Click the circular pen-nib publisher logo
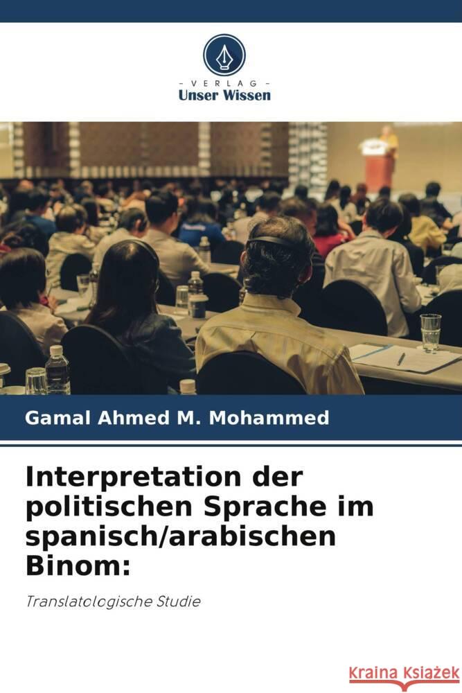coord(224,55)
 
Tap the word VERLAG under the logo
coord(224,83)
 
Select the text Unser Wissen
coord(224,96)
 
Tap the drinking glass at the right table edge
coord(430,332)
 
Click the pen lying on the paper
coord(400,358)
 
